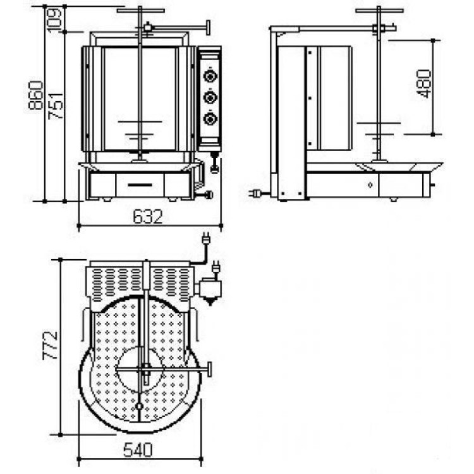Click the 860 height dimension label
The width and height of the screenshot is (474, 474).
point(35,95)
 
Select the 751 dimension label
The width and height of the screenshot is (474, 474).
point(56,106)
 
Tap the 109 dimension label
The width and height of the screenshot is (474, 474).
point(55,20)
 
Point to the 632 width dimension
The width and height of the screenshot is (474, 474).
point(148,216)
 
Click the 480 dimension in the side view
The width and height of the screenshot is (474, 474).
point(424,83)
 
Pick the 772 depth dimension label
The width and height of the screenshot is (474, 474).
point(50,345)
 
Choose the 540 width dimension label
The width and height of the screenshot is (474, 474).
point(138,450)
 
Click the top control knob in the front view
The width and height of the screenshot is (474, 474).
point(210,76)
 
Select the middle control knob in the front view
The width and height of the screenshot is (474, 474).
point(210,97)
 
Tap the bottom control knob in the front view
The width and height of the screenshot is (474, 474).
point(210,119)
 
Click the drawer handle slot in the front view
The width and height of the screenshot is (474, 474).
point(140,185)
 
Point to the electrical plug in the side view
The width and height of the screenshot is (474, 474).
point(254,193)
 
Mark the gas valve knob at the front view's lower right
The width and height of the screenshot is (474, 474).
point(209,195)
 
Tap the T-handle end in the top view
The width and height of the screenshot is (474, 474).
point(209,369)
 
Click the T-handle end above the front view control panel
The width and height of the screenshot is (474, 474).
point(209,28)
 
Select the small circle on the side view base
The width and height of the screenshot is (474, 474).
point(370,185)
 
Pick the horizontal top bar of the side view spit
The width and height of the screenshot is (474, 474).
point(379,11)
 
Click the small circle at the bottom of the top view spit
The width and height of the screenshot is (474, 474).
point(139,406)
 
